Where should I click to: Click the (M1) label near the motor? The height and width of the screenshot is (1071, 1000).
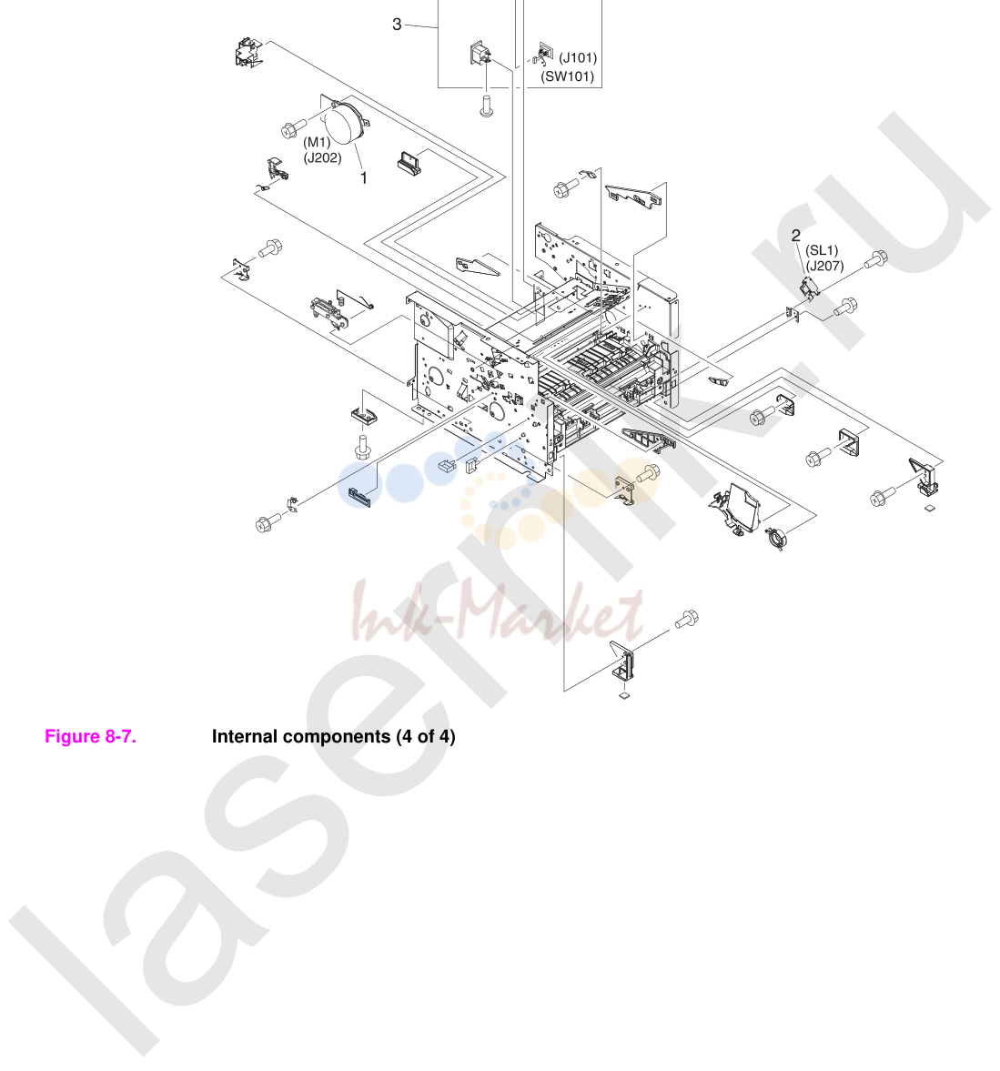(317, 142)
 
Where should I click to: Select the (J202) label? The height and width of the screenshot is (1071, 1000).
(322, 157)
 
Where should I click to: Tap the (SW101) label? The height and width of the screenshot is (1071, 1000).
(568, 76)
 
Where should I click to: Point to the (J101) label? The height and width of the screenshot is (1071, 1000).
(578, 58)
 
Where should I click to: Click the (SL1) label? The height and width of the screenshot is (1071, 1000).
(822, 250)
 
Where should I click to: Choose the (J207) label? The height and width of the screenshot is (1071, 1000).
(824, 267)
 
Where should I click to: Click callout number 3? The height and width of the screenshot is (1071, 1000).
(397, 25)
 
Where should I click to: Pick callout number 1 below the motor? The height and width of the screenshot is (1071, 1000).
(364, 177)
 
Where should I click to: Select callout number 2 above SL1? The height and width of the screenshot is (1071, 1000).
(796, 236)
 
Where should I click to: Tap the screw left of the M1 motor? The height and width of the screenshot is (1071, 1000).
(294, 128)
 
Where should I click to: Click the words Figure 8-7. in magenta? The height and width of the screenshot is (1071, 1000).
(90, 736)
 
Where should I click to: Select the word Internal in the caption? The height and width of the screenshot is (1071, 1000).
(244, 736)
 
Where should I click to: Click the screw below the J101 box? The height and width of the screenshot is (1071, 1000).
(486, 106)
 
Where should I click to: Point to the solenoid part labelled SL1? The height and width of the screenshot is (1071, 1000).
(810, 288)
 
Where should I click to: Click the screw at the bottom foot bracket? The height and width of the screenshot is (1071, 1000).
(686, 620)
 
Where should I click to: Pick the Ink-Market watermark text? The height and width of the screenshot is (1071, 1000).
(497, 611)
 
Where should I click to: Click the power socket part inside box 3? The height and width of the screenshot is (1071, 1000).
(480, 54)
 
